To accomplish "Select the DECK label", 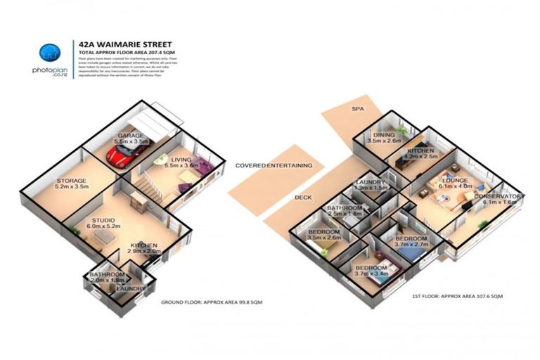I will [x=303, y=198].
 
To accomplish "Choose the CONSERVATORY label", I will [x=499, y=198].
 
